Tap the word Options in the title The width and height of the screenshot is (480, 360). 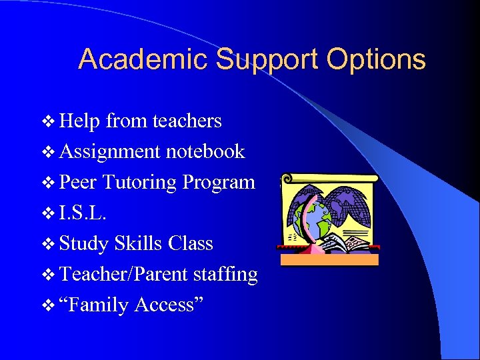(x=376, y=60)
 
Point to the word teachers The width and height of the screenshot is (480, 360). (x=187, y=121)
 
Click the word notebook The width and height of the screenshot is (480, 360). (x=205, y=151)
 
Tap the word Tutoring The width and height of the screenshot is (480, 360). (x=140, y=183)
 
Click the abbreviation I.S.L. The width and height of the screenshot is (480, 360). (x=81, y=213)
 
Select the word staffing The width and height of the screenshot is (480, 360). (x=224, y=274)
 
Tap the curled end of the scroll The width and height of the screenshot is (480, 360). (x=287, y=179)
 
